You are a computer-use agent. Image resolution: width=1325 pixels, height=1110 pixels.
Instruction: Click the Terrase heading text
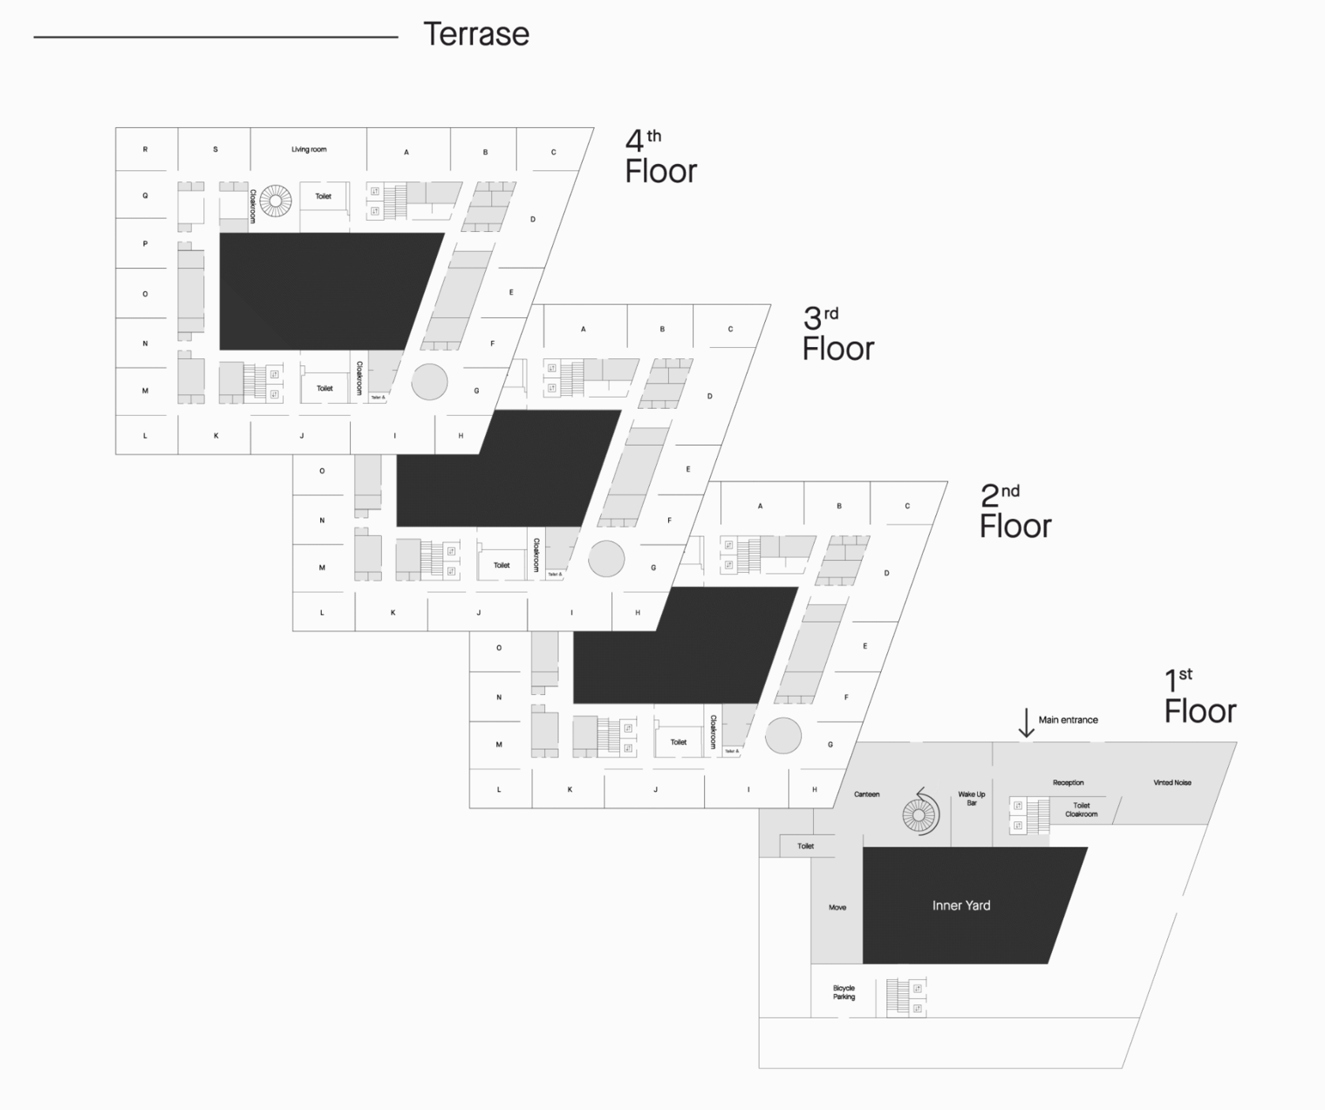pos(476,35)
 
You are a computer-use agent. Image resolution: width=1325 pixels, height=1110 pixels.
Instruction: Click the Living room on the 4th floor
pos(308,149)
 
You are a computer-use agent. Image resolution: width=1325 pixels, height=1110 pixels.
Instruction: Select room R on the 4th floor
pos(145,149)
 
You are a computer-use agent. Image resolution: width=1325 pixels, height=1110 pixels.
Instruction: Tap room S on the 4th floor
pos(215,149)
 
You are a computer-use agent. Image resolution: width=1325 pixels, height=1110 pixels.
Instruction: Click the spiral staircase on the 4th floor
pos(275,200)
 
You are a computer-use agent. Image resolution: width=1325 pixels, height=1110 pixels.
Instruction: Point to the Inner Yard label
pos(961,906)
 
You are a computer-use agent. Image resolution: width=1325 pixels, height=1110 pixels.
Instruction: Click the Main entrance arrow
pos(1025,723)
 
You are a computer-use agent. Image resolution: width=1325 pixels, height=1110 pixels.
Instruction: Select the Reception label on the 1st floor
pos(1068,783)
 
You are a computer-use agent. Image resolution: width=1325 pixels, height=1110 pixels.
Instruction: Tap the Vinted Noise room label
pos(1172,783)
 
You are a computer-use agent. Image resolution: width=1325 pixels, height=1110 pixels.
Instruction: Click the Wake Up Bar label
pos(971,798)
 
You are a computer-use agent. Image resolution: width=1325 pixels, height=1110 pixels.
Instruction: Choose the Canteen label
pos(866,794)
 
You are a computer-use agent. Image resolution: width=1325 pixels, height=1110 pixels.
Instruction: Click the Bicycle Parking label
pos(843,992)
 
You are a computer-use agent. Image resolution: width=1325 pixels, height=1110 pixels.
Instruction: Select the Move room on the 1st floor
pos(837,907)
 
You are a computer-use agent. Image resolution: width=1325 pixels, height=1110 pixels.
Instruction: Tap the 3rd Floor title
pos(837,334)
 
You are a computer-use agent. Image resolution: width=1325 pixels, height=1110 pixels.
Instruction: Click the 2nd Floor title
pos(1014,512)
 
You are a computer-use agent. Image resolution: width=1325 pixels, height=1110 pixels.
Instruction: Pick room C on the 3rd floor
pos(730,329)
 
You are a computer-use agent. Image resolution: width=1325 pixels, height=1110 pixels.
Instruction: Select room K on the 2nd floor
pos(569,789)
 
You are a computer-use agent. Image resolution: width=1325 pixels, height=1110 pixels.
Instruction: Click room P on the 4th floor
pos(145,244)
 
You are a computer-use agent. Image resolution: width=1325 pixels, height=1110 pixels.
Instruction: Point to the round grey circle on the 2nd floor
pos(782,735)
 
